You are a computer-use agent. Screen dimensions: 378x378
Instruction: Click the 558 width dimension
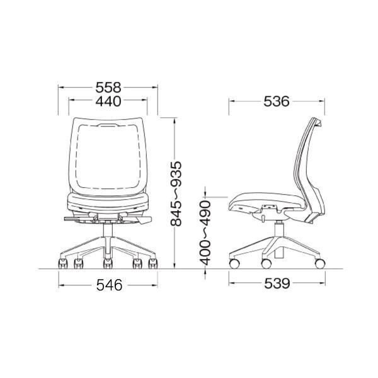click(x=108, y=88)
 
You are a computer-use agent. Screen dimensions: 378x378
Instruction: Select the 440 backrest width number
click(x=108, y=101)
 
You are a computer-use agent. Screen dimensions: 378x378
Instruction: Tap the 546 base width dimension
click(x=110, y=285)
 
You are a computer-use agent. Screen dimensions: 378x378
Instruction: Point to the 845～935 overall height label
click(x=176, y=193)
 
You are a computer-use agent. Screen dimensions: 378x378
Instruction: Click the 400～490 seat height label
click(x=205, y=233)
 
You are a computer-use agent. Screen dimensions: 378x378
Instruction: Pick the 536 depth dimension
click(x=277, y=101)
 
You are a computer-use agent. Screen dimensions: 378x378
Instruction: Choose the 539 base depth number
click(x=277, y=283)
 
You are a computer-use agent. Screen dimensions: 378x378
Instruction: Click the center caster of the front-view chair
click(x=108, y=263)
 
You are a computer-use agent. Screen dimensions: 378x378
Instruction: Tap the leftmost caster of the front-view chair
click(x=63, y=263)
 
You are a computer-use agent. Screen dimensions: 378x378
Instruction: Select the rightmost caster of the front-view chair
click(x=152, y=263)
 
